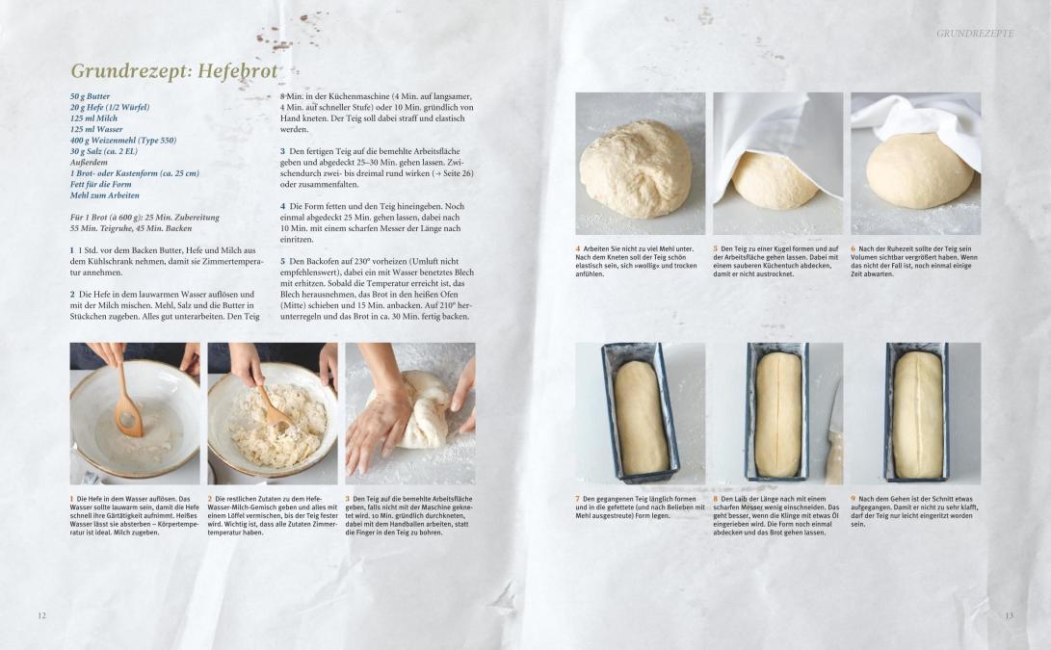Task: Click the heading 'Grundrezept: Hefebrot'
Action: click(x=174, y=71)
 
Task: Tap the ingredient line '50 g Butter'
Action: click(x=90, y=96)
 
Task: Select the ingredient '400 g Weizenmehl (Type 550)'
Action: click(x=123, y=140)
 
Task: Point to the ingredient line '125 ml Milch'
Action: click(x=93, y=117)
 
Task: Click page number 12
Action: click(x=41, y=616)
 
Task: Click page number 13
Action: click(x=1009, y=616)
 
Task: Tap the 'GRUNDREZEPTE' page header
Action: click(x=975, y=33)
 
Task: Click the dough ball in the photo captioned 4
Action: click(x=636, y=169)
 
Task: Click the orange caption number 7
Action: click(x=578, y=499)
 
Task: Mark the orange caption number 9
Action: click(x=854, y=499)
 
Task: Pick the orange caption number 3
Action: click(x=348, y=499)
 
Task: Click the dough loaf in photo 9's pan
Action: click(x=918, y=415)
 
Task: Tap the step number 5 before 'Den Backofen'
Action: click(x=283, y=261)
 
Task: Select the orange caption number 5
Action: click(x=715, y=248)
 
